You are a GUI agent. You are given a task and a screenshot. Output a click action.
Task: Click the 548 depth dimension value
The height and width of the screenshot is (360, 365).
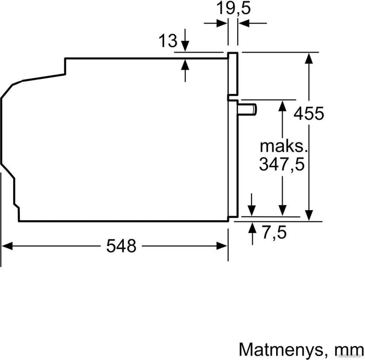tap(121, 246)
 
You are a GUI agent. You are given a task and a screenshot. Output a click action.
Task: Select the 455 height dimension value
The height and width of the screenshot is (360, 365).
tap(309, 113)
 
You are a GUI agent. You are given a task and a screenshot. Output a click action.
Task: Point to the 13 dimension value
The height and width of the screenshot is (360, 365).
tap(167, 41)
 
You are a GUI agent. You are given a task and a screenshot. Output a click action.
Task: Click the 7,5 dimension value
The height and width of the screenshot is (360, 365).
tap(274, 233)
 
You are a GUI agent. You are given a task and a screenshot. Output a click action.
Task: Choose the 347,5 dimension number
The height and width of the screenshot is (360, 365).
tap(281, 164)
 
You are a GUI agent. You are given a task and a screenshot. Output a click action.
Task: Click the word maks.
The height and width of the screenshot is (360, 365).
tap(284, 146)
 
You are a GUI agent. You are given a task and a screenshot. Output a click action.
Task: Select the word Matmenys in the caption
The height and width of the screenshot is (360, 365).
tap(280, 349)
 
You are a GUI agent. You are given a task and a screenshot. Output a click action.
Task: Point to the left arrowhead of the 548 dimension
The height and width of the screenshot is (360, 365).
tap(7, 246)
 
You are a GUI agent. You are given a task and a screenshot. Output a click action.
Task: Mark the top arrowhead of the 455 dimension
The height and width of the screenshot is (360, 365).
tap(309, 58)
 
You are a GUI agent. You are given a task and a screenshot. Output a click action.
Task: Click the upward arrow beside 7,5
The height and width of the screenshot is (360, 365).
tap(252, 228)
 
